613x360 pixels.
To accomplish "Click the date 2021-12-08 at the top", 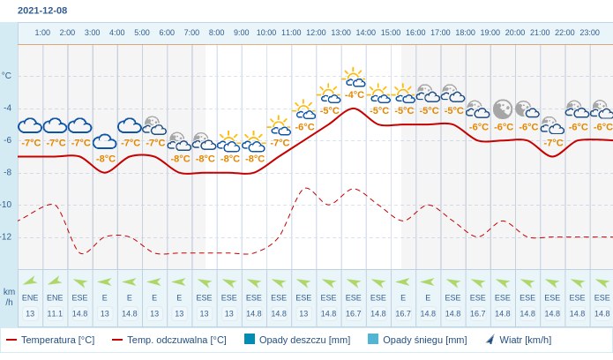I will (42, 11).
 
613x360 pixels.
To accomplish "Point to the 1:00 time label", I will (42, 33).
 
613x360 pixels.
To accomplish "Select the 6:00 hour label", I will (167, 33).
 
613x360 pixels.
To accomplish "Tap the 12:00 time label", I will (316, 33).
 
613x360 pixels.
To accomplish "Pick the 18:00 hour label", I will (465, 33).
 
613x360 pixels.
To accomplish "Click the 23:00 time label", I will (589, 33).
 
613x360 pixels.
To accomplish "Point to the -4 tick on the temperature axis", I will (7, 108).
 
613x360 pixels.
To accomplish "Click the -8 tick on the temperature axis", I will (7, 172).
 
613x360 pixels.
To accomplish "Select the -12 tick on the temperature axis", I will (6, 236).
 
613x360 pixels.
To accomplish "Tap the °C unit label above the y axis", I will (7, 76).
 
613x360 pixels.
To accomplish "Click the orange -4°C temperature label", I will (355, 95).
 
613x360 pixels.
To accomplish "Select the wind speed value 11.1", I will (55, 313).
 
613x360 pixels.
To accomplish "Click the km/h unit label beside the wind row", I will (9, 296).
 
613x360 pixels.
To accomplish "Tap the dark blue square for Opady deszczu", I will (250, 339).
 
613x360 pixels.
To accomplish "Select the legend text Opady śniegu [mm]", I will (424, 340).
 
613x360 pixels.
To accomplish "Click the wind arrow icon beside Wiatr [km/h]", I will (490, 339).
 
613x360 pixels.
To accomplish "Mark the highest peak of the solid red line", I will (354, 109).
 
